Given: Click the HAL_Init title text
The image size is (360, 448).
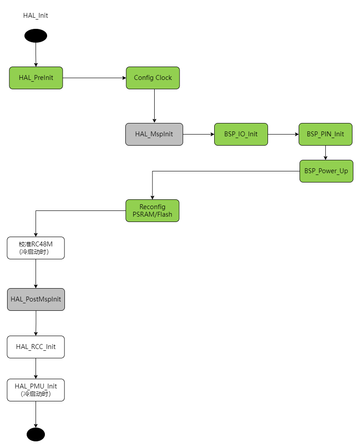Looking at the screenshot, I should point(36,16).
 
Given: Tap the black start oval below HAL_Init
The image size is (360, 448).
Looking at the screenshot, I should point(36,36).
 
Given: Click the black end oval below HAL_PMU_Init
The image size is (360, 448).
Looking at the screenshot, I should point(36,434).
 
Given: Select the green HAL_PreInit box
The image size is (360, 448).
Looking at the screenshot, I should point(36,78).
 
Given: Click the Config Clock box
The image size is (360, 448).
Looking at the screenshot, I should point(153,78).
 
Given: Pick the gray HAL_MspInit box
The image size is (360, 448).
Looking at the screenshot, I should point(154,134).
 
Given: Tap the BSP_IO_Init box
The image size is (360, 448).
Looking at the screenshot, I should point(241,134).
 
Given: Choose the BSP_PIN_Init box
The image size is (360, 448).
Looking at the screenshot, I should point(325,134).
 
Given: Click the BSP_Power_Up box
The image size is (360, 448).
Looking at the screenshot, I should point(326,171).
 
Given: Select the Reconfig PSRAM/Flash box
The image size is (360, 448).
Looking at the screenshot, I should point(152,210).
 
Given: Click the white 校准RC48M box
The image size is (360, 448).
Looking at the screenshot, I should point(36,248).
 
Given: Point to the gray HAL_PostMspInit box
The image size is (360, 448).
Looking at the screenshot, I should point(36,299).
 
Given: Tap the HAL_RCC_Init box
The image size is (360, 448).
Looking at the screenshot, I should point(36,347).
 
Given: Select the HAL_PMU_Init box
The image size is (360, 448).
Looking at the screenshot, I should point(36,390).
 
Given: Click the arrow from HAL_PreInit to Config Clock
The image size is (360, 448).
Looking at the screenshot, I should point(94,78).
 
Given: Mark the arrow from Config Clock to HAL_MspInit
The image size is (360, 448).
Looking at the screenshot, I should point(154,106).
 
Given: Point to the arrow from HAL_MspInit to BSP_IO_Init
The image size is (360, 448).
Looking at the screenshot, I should point(198,134).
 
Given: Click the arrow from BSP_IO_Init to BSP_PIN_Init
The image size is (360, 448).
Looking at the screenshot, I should point(283,134).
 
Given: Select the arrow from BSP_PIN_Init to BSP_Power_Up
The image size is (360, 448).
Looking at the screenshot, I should point(326,152).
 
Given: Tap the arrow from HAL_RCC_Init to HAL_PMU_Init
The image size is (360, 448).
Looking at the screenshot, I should point(36,368).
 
